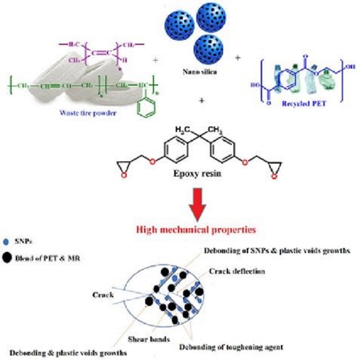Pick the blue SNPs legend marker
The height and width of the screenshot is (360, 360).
tap(7, 242)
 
